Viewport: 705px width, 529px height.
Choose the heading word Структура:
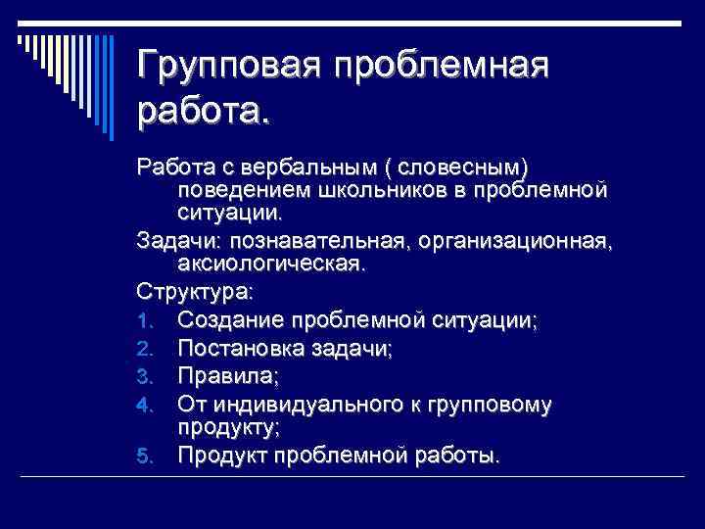tap(195, 292)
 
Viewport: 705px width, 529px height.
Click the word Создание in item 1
tap(222, 320)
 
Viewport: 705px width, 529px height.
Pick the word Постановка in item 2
tap(237, 348)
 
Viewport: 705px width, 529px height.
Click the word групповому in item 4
tap(490, 404)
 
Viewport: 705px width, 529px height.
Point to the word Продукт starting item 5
tap(222, 455)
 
